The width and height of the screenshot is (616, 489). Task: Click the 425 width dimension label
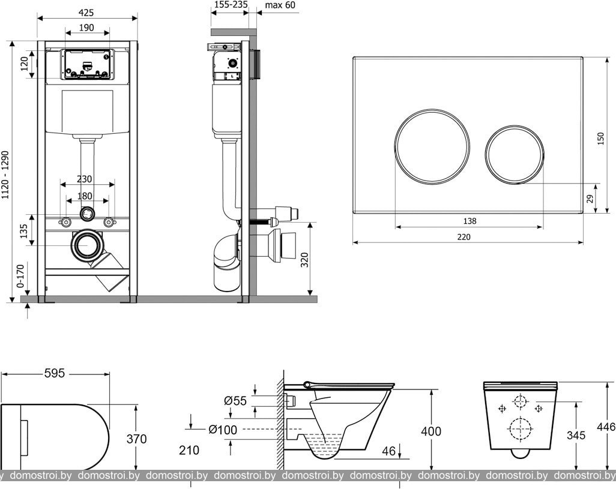86,13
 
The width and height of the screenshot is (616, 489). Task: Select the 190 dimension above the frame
86,28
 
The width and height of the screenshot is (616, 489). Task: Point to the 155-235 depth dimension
229,4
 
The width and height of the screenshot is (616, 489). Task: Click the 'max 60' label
280,5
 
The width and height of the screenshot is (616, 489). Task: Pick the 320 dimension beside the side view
305,259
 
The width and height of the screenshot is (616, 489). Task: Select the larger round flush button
432,146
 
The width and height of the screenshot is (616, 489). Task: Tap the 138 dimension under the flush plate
470,221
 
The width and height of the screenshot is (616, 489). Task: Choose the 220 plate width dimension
464,236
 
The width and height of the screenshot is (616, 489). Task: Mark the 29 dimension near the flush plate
590,199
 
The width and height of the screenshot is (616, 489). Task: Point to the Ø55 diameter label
235,401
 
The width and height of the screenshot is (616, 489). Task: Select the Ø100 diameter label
223,430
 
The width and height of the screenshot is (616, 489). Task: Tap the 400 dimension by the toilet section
431,431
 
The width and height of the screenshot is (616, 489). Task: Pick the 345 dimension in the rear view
576,435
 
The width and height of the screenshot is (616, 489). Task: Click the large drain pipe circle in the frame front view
87,245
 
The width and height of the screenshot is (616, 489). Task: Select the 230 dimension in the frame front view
84,179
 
